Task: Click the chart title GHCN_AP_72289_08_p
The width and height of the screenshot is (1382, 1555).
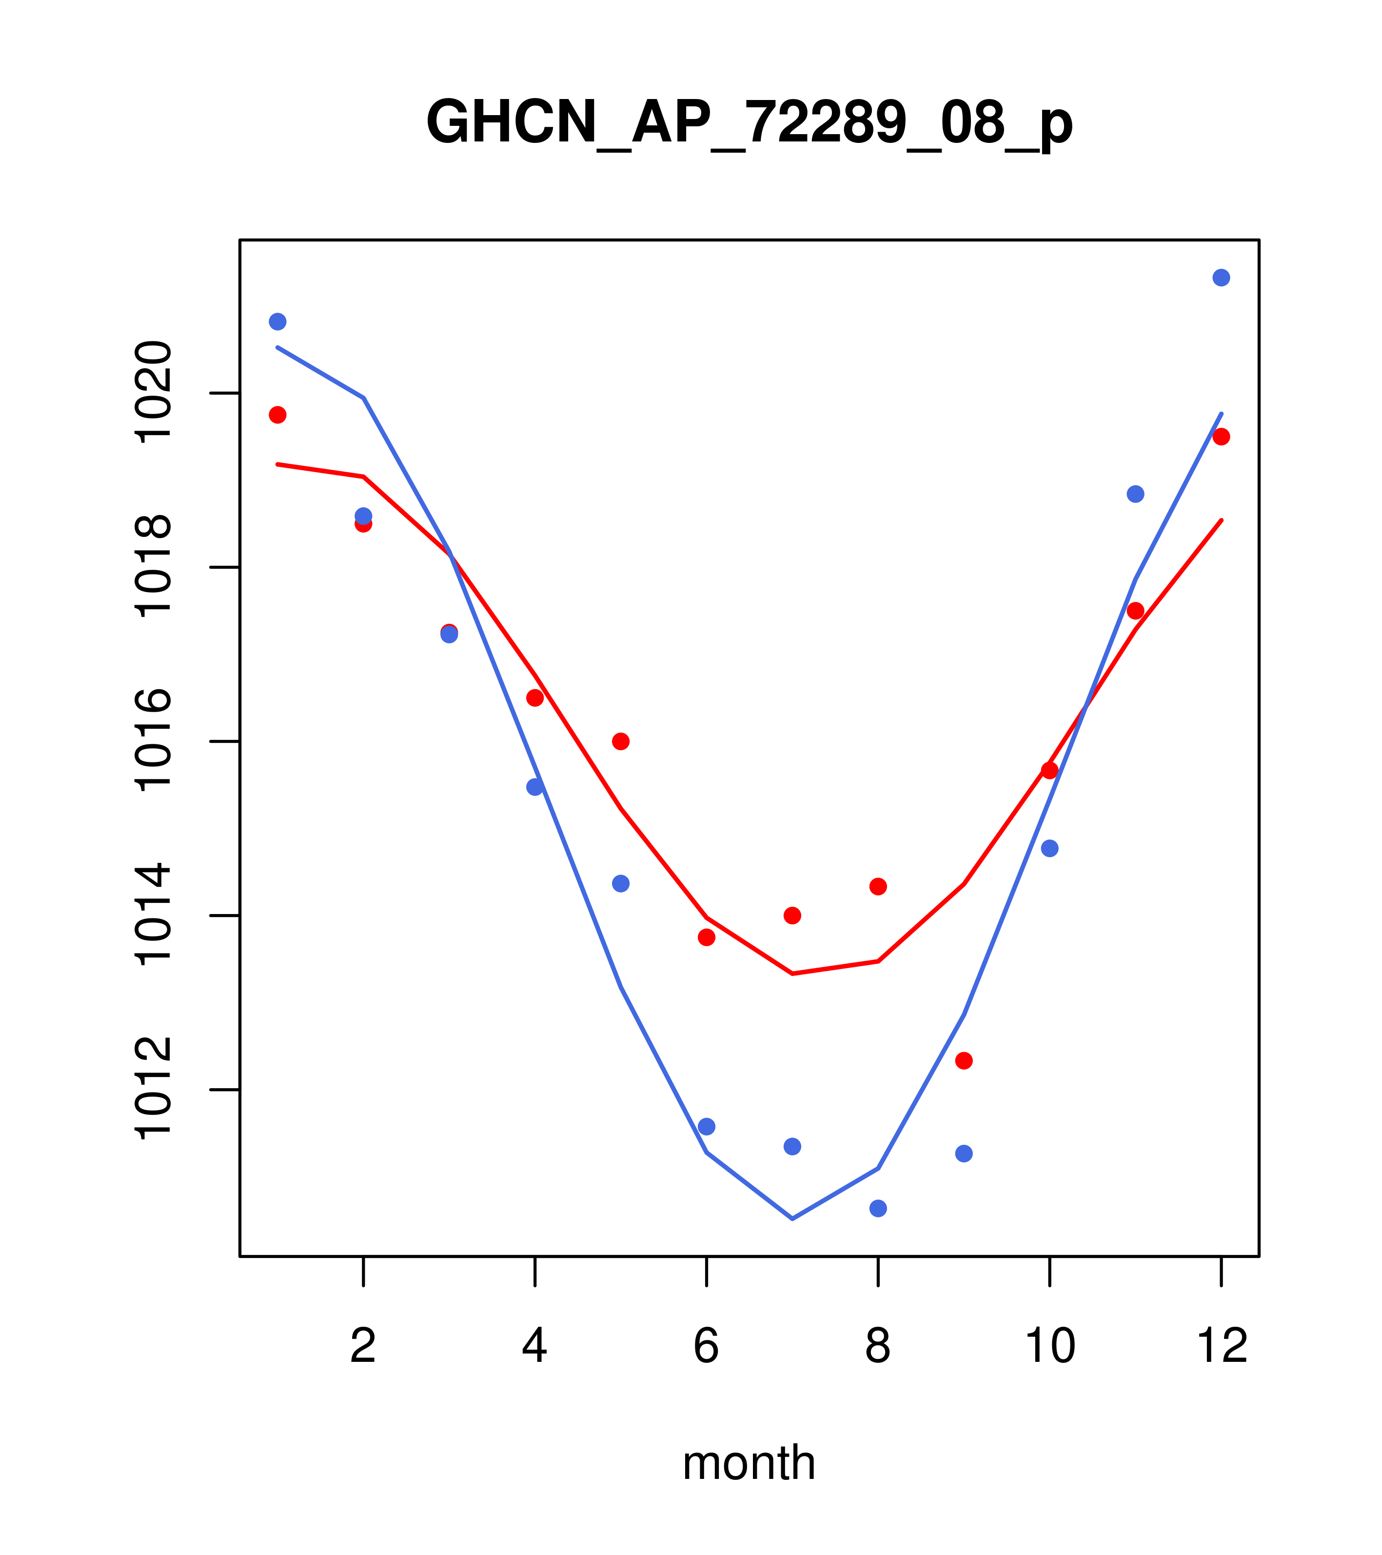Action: (749, 122)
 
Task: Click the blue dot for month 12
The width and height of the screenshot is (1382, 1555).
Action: (1221, 278)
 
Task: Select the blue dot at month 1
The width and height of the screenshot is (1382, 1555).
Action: (277, 322)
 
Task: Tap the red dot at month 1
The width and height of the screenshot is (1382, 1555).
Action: (277, 415)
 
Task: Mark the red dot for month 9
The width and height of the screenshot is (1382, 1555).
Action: (964, 1060)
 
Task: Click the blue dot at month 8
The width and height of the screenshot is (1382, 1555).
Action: (878, 1208)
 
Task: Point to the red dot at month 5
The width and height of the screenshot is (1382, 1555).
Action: (621, 741)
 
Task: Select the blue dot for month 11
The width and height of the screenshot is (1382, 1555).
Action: (1135, 495)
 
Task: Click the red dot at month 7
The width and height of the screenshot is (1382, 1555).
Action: (792, 915)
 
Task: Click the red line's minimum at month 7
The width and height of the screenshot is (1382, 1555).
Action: (792, 974)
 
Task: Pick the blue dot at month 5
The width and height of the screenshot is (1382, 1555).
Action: (621, 883)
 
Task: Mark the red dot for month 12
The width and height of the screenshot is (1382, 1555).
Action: (1221, 437)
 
